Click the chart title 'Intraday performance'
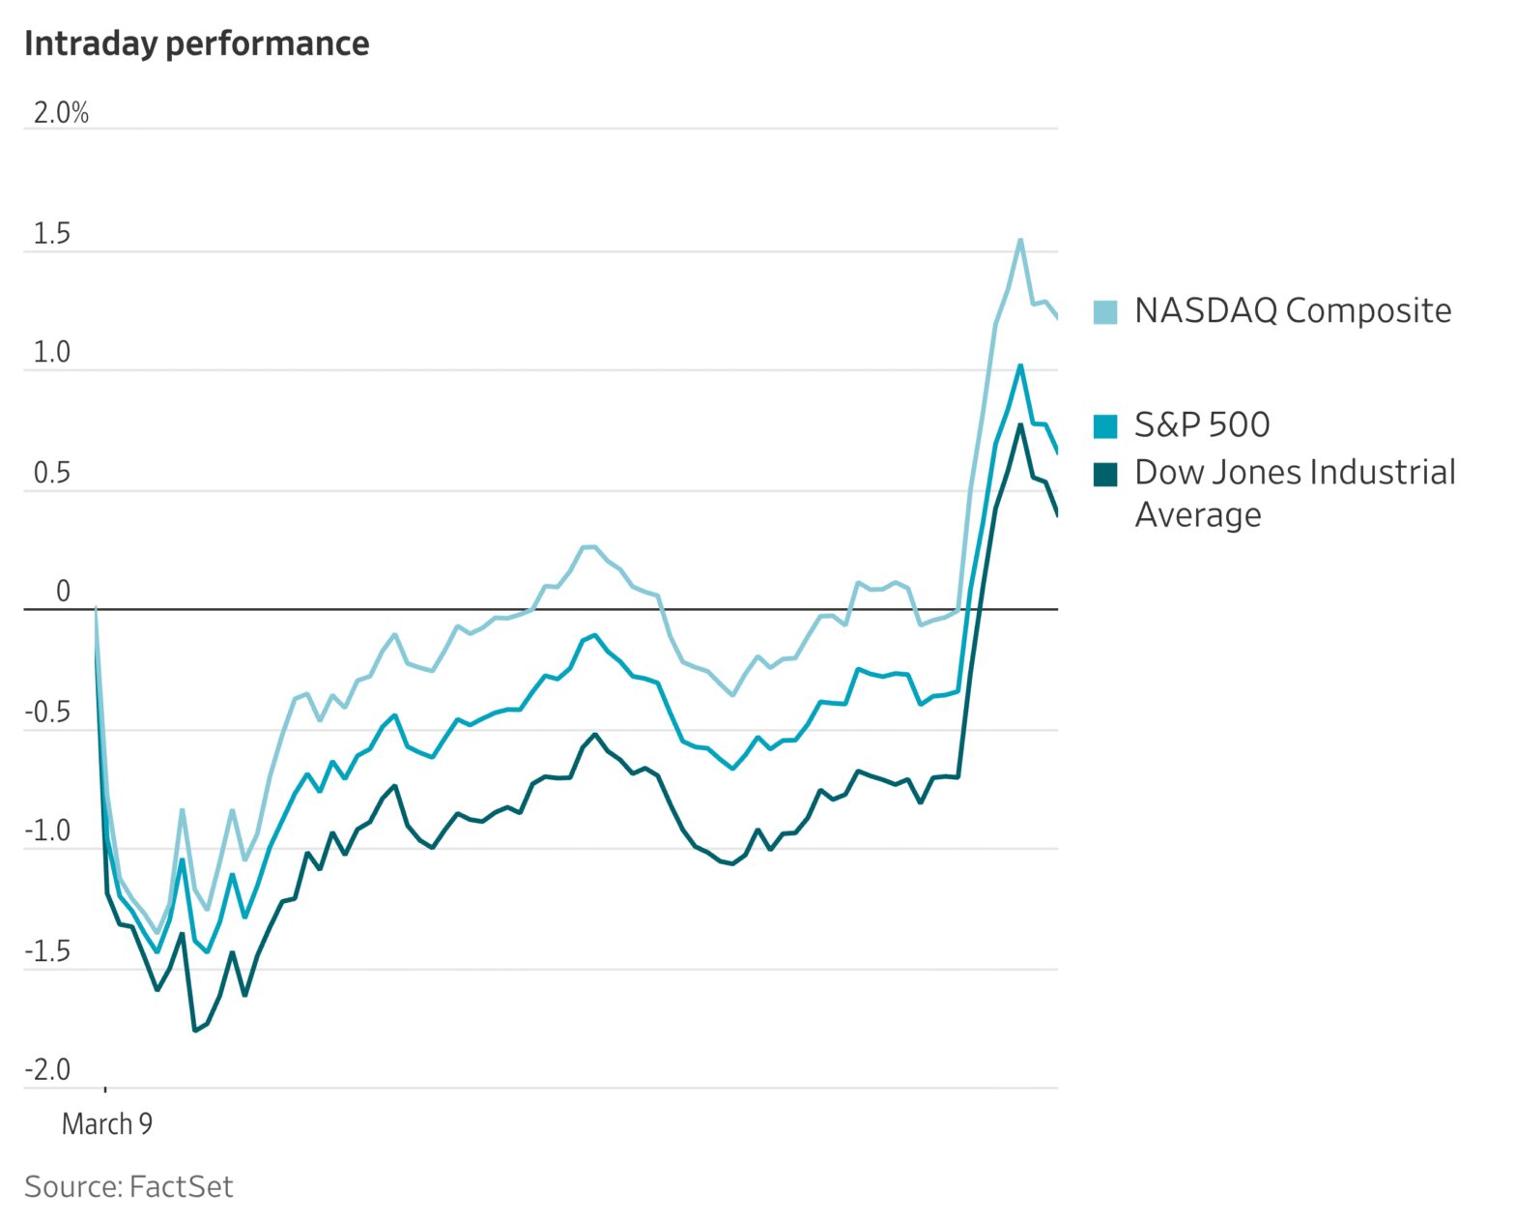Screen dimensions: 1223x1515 pyautogui.click(x=196, y=44)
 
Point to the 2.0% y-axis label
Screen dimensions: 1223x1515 pyautogui.click(x=61, y=113)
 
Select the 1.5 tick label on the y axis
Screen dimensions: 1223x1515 pyautogui.click(x=52, y=234)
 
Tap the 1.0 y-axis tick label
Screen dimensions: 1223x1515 pyautogui.click(x=52, y=353)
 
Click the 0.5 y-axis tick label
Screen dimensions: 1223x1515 pyautogui.click(x=52, y=473)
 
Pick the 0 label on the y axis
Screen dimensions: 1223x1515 pyautogui.click(x=64, y=591)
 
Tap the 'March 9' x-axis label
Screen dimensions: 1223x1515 pyautogui.click(x=107, y=1123)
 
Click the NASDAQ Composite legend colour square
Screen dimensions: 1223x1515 pyautogui.click(x=1105, y=311)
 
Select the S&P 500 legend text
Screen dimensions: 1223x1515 pyautogui.click(x=1202, y=424)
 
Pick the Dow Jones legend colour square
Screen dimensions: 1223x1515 pyautogui.click(x=1105, y=474)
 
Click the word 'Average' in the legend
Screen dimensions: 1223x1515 pyautogui.click(x=1198, y=515)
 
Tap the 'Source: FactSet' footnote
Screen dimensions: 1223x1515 pyautogui.click(x=129, y=1186)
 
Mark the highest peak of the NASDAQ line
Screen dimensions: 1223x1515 pyautogui.click(x=1020, y=240)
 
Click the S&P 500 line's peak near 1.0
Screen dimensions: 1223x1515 pyautogui.click(x=1020, y=365)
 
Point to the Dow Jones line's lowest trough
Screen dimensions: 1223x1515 pyautogui.click(x=195, y=1030)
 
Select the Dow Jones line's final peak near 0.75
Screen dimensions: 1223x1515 pyautogui.click(x=1020, y=425)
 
